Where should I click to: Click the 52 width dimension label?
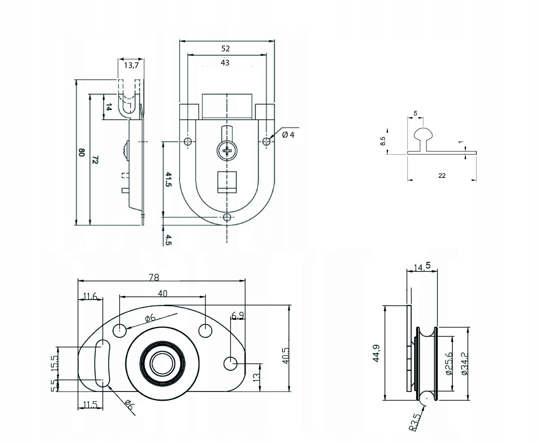pyautogui.click(x=225, y=48)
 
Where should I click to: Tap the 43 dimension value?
pyautogui.click(x=225, y=63)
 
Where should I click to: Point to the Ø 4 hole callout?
pyautogui.click(x=288, y=135)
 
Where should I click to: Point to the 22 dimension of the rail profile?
pyautogui.click(x=442, y=176)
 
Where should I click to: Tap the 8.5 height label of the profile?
pyautogui.click(x=383, y=141)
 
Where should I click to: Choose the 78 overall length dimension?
pyautogui.click(x=154, y=277)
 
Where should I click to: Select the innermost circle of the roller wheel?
pyautogui.click(x=163, y=364)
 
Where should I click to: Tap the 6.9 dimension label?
pyautogui.click(x=237, y=316)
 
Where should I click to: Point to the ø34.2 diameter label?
pyautogui.click(x=465, y=363)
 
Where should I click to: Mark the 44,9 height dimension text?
pyautogui.click(x=376, y=353)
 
